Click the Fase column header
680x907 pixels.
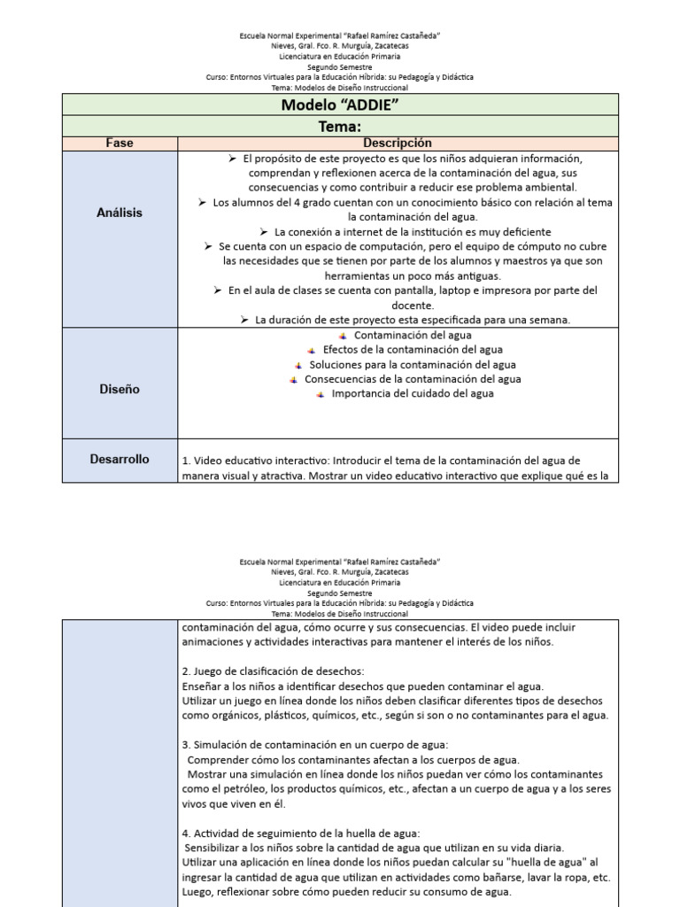coord(120,143)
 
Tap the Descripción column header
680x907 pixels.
coord(397,143)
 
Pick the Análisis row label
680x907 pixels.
coord(120,213)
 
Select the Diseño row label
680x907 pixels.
coord(120,390)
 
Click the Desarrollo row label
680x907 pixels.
coord(120,460)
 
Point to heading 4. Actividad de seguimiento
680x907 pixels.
coord(301,833)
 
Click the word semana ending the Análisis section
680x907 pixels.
coord(550,320)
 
